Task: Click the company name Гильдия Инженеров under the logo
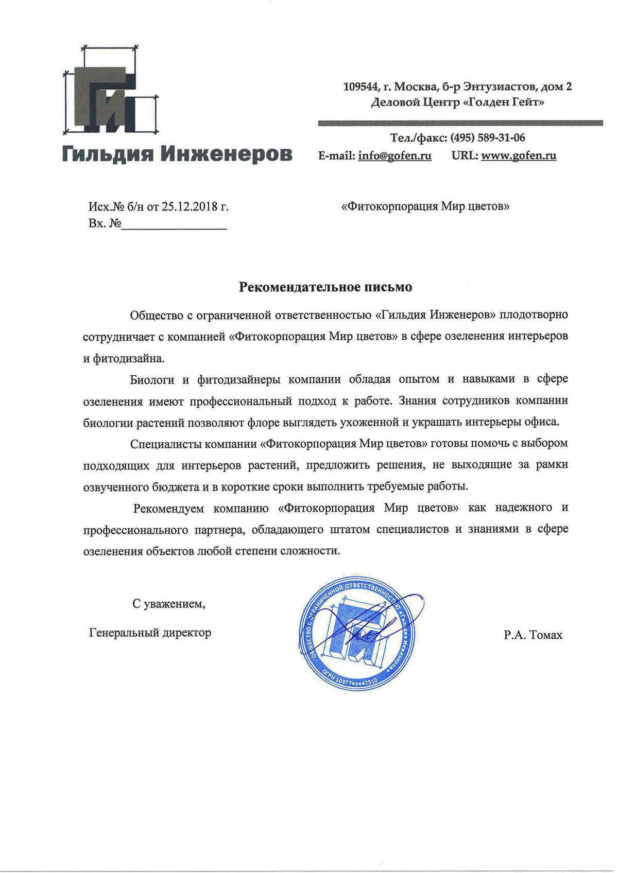pyautogui.click(x=177, y=153)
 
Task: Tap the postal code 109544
pyautogui.click(x=362, y=87)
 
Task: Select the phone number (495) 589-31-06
pyautogui.click(x=488, y=138)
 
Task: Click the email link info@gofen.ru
pyautogui.click(x=394, y=155)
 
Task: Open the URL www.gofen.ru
pyautogui.click(x=519, y=155)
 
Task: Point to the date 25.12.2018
pyautogui.click(x=187, y=207)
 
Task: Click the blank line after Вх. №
pyautogui.click(x=174, y=224)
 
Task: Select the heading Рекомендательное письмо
pyautogui.click(x=325, y=287)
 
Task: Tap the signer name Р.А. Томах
pyautogui.click(x=533, y=635)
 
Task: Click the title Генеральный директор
pyautogui.click(x=150, y=632)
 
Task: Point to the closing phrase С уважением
pyautogui.click(x=168, y=604)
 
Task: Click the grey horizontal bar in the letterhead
pyautogui.click(x=460, y=123)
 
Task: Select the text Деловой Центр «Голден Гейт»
pyautogui.click(x=457, y=102)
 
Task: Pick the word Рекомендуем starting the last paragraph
pyautogui.click(x=168, y=508)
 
